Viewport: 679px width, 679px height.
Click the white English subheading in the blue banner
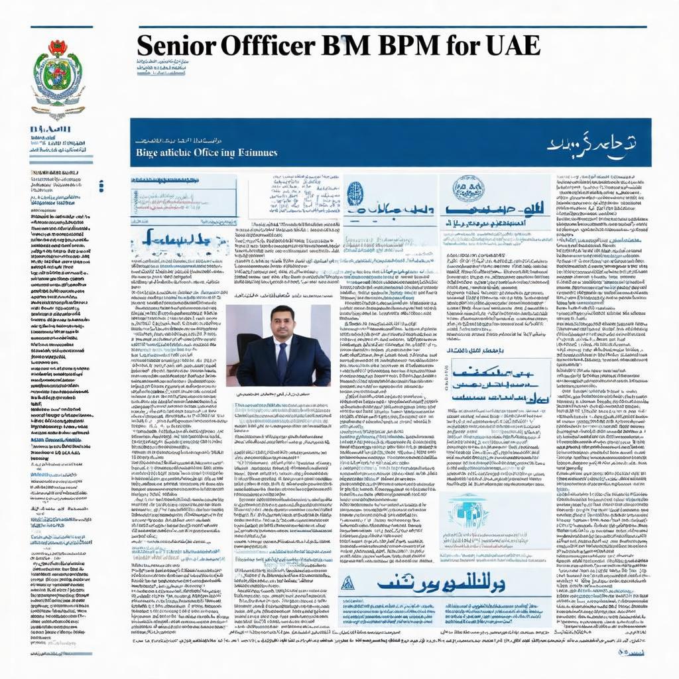click(206, 153)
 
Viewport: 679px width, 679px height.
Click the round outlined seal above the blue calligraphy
click(468, 189)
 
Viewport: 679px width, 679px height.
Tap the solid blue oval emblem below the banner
click(355, 194)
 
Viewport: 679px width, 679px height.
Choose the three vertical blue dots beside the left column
click(101, 186)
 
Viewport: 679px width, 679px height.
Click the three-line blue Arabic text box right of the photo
click(499, 383)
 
